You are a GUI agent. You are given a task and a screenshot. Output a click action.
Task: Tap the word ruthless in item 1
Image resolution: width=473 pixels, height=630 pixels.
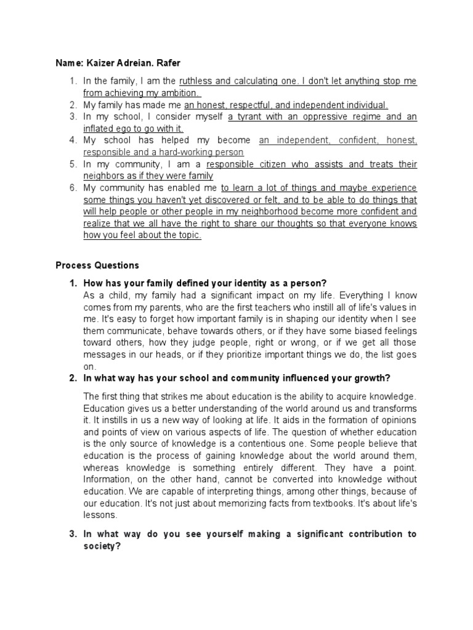(196, 81)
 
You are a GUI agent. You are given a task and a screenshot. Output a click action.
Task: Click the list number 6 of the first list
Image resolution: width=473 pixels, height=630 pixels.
(72, 188)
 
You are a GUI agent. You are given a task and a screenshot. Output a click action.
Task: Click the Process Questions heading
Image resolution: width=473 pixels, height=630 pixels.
(97, 266)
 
